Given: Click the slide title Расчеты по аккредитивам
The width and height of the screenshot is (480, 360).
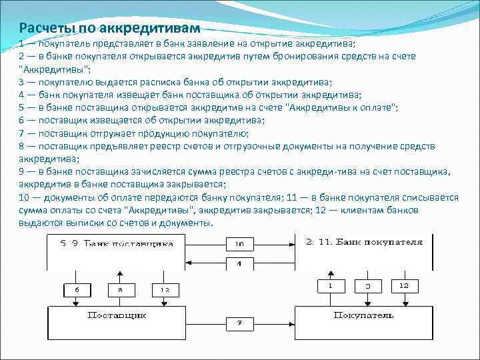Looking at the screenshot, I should (x=109, y=28).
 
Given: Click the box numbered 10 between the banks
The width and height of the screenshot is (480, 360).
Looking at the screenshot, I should (x=239, y=244).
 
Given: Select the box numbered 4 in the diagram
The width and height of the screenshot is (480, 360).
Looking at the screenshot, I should (x=239, y=264).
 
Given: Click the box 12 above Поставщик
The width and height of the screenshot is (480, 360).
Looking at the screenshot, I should (x=165, y=290).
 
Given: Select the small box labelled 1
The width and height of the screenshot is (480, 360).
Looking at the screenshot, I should (x=329, y=286).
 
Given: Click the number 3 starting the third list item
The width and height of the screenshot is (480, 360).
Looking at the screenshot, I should (x=22, y=82).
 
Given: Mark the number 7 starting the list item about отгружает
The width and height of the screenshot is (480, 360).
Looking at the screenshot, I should (x=22, y=133).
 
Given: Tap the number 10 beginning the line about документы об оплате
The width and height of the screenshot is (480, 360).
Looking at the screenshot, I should (x=25, y=197).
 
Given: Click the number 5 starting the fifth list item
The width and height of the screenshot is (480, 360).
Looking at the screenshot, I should (x=22, y=107).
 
